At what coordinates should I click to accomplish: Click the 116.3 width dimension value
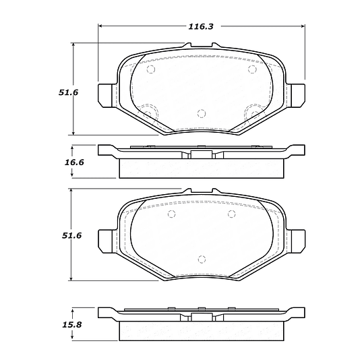[201, 26]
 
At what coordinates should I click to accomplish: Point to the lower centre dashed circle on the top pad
[201, 113]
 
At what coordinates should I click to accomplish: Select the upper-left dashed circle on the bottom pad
[171, 214]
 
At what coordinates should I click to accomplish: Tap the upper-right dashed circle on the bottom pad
[231, 214]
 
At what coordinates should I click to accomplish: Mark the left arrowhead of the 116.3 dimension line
[102, 26]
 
